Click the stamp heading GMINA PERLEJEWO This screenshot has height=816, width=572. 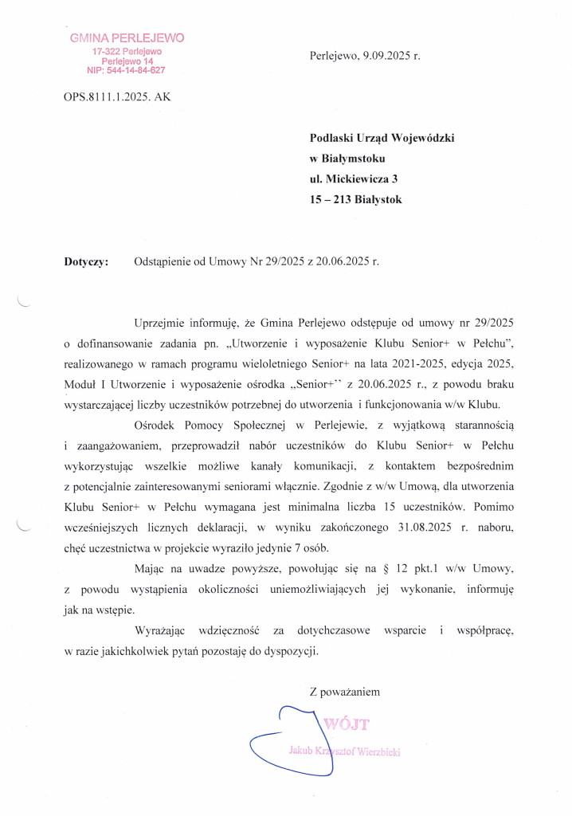[x=127, y=37]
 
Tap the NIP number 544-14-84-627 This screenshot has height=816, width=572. [x=135, y=70]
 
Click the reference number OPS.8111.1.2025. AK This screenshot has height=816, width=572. [x=116, y=97]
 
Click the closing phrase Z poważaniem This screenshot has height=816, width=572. [x=344, y=692]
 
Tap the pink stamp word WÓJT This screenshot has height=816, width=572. [x=347, y=724]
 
